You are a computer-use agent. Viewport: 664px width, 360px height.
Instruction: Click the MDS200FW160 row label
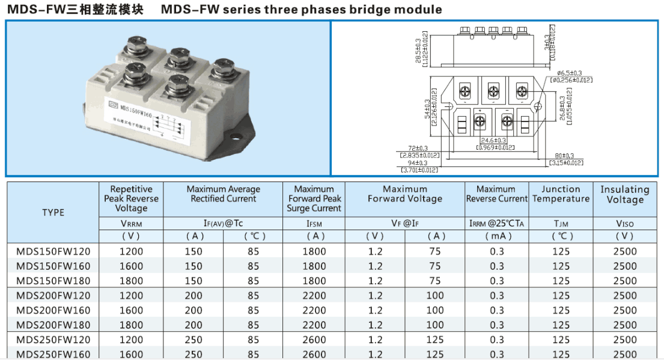pyautogui.click(x=53, y=310)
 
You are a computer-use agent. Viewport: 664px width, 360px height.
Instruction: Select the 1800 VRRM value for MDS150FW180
pyautogui.click(x=132, y=281)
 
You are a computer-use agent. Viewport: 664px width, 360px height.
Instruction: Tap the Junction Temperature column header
pyautogui.click(x=561, y=194)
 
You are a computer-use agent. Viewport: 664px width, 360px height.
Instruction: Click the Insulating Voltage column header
pyautogui.click(x=624, y=194)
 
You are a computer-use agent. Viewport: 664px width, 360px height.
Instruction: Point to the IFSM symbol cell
pyautogui.click(x=314, y=224)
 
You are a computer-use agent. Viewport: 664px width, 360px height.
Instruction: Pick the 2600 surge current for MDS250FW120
pyautogui.click(x=314, y=340)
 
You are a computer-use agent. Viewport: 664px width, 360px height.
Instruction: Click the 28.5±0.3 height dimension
pyautogui.click(x=418, y=46)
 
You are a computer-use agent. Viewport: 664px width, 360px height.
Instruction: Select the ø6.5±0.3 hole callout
pyautogui.click(x=570, y=73)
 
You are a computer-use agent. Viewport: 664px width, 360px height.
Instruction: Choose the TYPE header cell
pyautogui.click(x=53, y=212)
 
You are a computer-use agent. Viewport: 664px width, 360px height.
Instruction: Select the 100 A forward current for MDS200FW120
pyautogui.click(x=435, y=296)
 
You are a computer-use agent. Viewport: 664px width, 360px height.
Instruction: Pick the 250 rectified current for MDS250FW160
pyautogui.click(x=193, y=354)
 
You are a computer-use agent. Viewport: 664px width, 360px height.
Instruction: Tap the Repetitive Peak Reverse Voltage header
pyautogui.click(x=131, y=198)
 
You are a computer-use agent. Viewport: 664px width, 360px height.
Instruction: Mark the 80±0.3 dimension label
pyautogui.click(x=565, y=156)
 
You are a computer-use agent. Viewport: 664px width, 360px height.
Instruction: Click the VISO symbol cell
pyautogui.click(x=624, y=224)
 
